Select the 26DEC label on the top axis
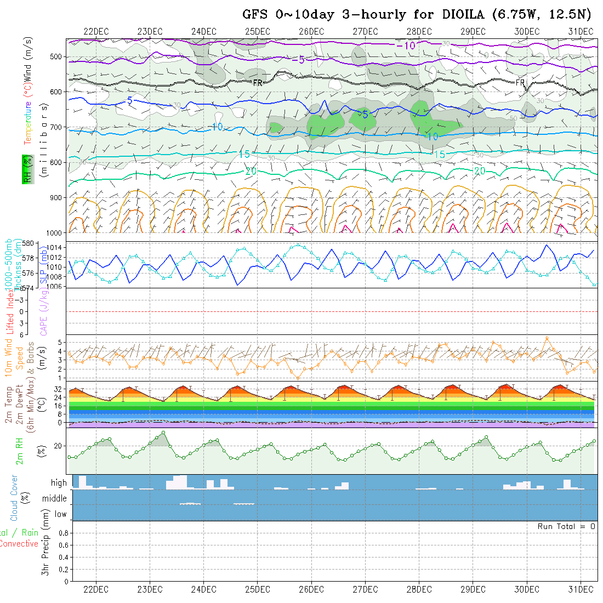coord(311,31)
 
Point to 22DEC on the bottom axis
coord(96,589)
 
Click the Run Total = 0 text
coord(566,526)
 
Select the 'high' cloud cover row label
coord(59,483)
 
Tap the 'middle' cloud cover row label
coord(54,498)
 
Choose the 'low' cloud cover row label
coord(60,514)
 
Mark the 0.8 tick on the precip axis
coord(62,533)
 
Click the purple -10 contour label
coord(406,45)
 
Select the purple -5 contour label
coord(298,59)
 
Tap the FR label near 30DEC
coord(520,83)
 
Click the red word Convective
coord(19,544)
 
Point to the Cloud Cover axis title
coord(14,498)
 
